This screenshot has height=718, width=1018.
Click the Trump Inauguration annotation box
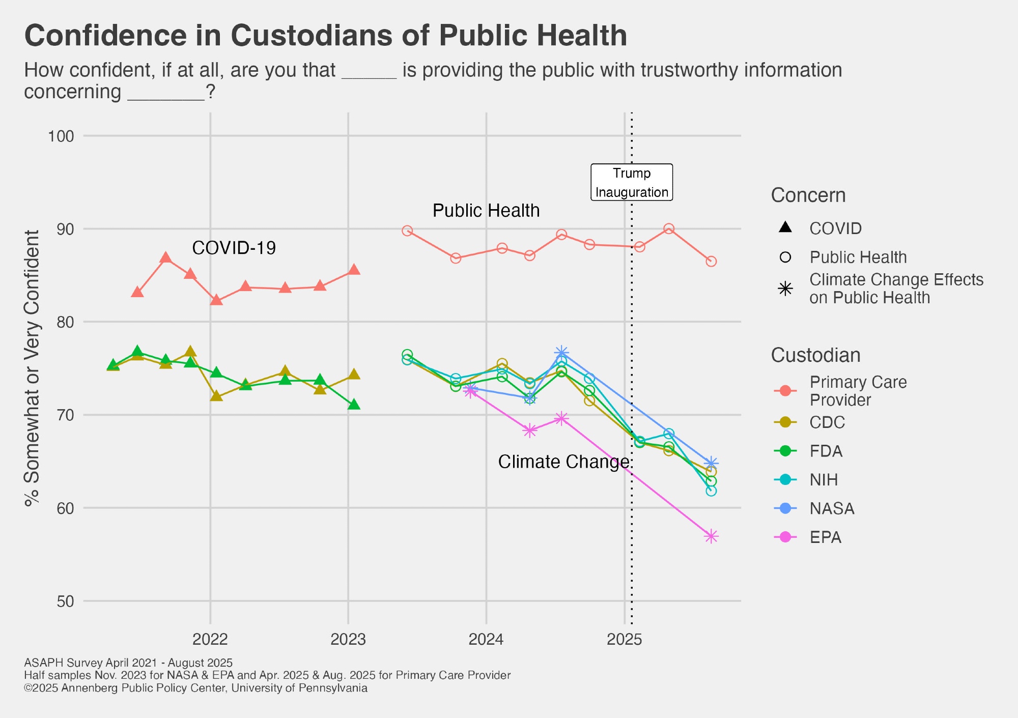pos(631,182)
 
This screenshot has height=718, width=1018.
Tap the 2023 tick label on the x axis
pos(348,639)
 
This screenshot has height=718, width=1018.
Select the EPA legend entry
pos(825,537)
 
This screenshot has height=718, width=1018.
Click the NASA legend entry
pos(831,508)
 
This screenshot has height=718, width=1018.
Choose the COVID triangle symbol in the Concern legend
pos(785,227)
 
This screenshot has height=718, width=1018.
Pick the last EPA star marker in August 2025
pos(711,536)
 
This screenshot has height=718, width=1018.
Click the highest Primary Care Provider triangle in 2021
pos(165,257)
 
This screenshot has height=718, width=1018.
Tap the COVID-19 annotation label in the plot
pos(234,248)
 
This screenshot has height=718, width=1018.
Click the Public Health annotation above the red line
pos(486,211)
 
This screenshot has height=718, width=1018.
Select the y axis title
pos(32,367)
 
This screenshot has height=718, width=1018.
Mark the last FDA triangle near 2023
pos(354,405)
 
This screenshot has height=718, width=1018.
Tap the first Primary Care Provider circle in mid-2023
pos(407,231)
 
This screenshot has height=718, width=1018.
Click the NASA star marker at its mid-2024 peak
pos(561,352)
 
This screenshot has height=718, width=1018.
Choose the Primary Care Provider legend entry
pos(858,391)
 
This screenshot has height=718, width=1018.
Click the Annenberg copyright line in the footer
pos(195,688)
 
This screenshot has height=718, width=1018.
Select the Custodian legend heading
pos(815,355)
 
